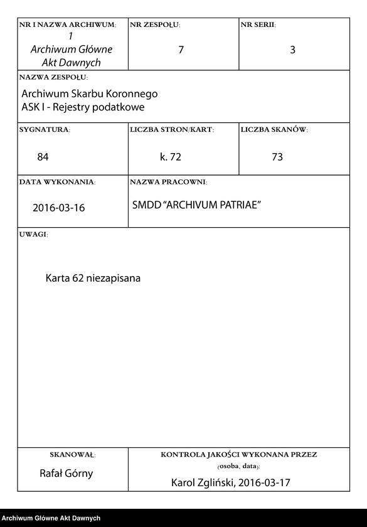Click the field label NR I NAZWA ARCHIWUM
click(68, 25)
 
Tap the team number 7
click(181, 50)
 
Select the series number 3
click(292, 50)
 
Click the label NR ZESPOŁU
click(155, 25)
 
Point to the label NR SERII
click(258, 25)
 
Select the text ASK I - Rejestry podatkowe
click(83, 107)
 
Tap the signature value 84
click(43, 157)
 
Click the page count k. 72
click(171, 157)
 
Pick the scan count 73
click(277, 157)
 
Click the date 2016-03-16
click(58, 208)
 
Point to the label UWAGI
click(34, 235)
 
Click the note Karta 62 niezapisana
click(93, 278)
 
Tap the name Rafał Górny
click(66, 473)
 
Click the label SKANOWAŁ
click(72, 454)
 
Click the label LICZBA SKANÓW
click(274, 130)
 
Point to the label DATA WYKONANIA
click(57, 182)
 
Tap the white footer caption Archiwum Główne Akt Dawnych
click(51, 518)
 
